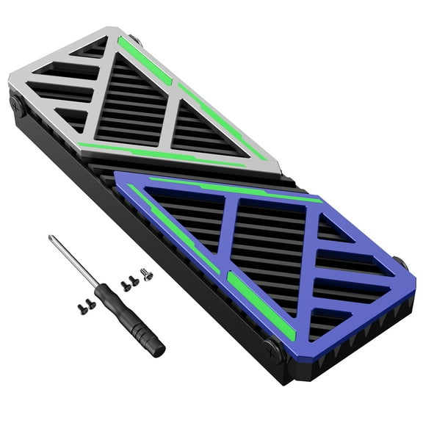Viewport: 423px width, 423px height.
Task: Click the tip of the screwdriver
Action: [x=50, y=236]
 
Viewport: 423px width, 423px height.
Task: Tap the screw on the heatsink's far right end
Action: [x=401, y=263]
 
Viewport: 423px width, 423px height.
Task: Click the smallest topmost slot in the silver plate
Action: [x=93, y=48]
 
